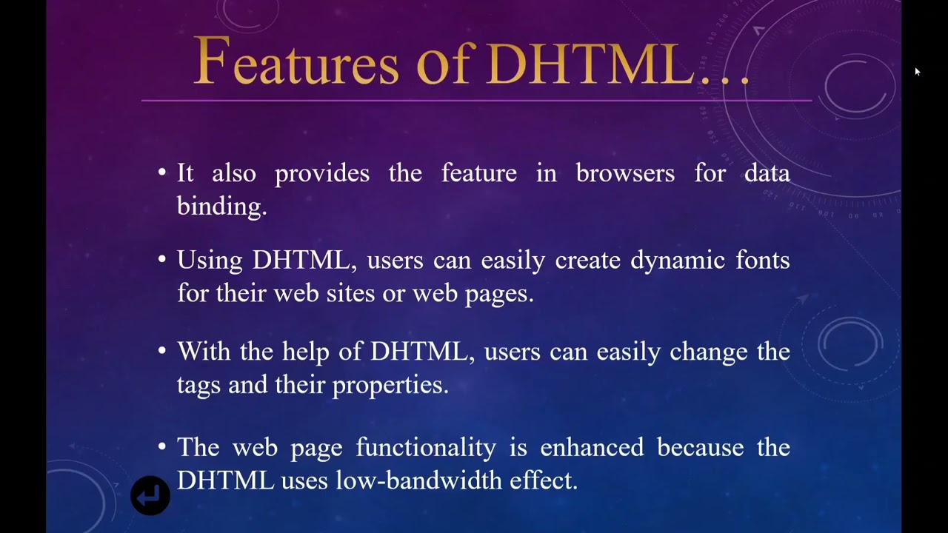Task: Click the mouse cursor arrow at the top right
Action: pos(917,72)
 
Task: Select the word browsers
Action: pos(625,173)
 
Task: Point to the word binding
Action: pos(221,207)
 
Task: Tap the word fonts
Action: pos(763,261)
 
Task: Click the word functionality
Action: pos(426,448)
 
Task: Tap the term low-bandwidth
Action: pos(419,480)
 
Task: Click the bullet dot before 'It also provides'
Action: pos(162,173)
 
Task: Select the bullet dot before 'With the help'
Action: pos(162,351)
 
